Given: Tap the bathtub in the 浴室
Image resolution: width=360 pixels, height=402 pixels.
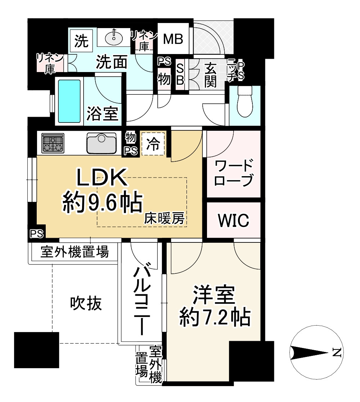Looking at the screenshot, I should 69,101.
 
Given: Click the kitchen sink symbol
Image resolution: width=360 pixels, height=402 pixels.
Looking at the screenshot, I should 102,143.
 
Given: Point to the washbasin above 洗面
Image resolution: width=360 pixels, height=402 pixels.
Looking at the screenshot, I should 114,36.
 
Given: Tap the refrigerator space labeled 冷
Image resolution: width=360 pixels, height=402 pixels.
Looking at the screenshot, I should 153,144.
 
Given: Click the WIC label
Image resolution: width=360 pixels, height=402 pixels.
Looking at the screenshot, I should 233,220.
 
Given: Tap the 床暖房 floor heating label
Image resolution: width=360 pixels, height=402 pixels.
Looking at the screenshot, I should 165,218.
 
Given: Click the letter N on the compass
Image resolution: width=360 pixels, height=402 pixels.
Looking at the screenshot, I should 336,352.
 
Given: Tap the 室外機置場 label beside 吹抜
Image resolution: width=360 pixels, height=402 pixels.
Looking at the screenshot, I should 74,252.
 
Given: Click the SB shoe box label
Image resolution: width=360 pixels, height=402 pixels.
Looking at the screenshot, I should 180,75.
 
